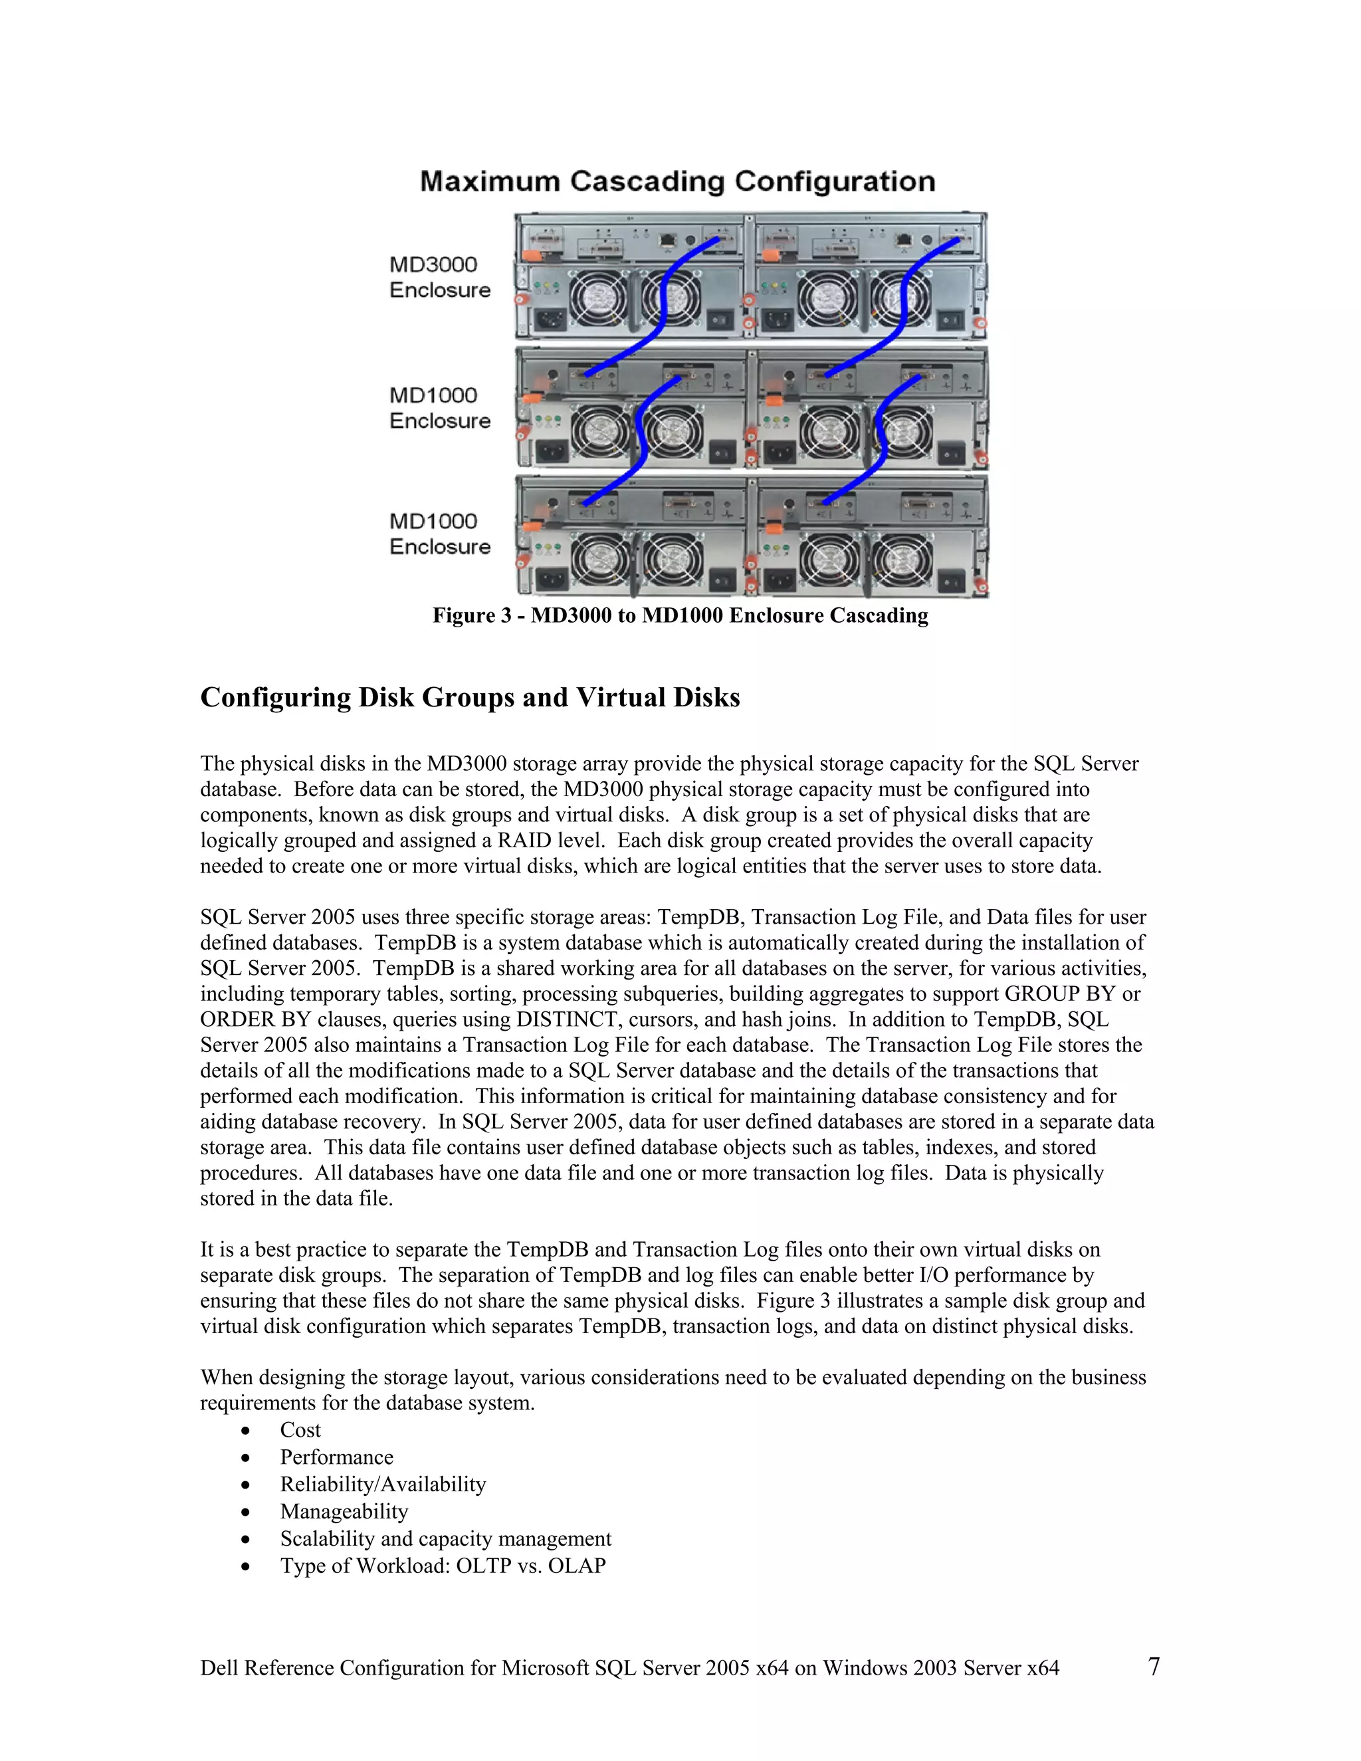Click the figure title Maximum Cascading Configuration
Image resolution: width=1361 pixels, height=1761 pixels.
677,181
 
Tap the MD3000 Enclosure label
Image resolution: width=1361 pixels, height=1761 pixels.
439,276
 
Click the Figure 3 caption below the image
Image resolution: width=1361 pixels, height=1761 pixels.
680,615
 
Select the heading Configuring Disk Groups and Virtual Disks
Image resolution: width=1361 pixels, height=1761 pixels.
469,698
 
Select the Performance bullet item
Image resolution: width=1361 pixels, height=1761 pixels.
336,1457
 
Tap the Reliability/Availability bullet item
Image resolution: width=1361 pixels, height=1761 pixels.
383,1485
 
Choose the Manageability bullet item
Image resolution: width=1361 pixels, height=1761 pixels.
344,1511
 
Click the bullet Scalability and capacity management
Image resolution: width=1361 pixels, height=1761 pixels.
445,1538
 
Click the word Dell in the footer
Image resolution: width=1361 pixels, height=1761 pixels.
219,1667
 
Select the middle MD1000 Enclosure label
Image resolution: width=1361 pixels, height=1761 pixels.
439,408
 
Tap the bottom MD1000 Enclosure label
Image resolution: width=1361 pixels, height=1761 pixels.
439,534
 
